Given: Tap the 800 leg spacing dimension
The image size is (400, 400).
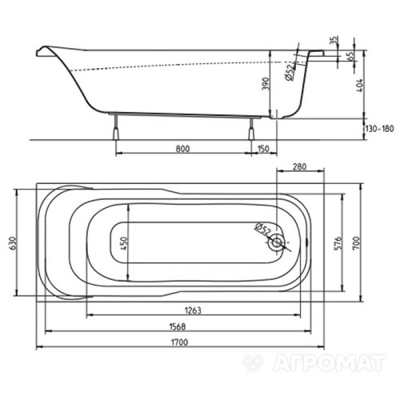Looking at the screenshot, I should tap(182, 149).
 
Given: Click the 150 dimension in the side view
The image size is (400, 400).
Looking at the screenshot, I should tap(263, 149).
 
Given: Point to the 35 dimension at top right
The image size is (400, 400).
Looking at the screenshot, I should tap(335, 41).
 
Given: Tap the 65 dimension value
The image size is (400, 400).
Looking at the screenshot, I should tap(349, 57).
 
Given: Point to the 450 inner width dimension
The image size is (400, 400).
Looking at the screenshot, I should tap(122, 241).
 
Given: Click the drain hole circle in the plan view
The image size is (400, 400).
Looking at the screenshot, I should tap(277, 242).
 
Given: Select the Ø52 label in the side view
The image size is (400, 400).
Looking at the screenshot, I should tap(289, 73).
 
